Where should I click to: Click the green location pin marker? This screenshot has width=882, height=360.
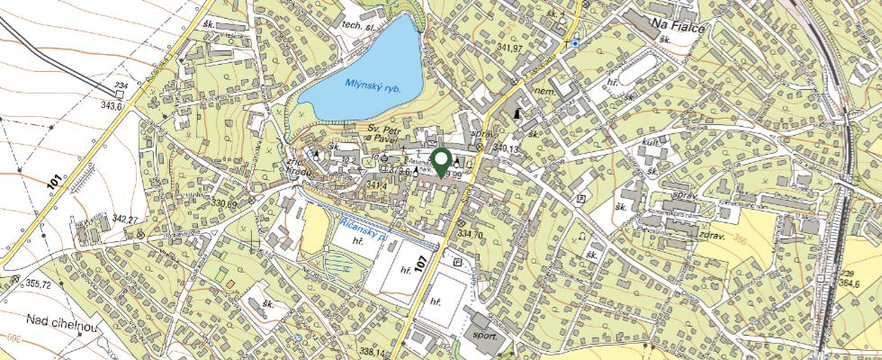coord(441,161)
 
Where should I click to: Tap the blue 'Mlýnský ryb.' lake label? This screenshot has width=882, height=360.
coord(372,87)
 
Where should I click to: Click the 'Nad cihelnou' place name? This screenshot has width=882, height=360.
coord(61,319)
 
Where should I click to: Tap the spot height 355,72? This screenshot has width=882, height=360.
coord(38,283)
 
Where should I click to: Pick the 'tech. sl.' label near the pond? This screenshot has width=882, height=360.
coord(357,28)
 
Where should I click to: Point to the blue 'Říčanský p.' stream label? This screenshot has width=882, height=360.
coord(364,227)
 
